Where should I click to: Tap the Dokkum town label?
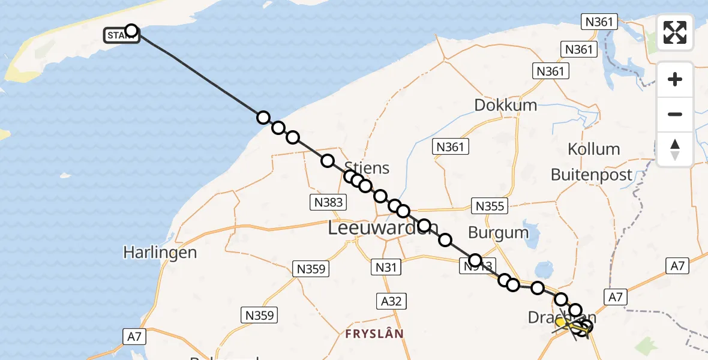(x=505, y=105)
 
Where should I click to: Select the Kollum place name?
(x=593, y=149)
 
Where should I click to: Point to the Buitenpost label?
(x=592, y=175)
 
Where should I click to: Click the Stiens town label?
(x=367, y=168)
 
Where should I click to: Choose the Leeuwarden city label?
(x=383, y=228)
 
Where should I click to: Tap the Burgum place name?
(x=499, y=232)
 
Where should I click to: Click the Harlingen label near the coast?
(x=160, y=253)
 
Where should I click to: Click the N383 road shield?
(x=329, y=202)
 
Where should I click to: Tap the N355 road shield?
(x=490, y=206)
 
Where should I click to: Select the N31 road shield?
(x=386, y=267)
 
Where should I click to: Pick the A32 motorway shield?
(x=391, y=301)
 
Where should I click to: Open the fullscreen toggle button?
(x=675, y=32)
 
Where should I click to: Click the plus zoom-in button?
(x=675, y=79)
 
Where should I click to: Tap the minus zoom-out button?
(x=675, y=114)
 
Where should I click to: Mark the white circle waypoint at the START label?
(x=131, y=31)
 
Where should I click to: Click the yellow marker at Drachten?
(x=560, y=323)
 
